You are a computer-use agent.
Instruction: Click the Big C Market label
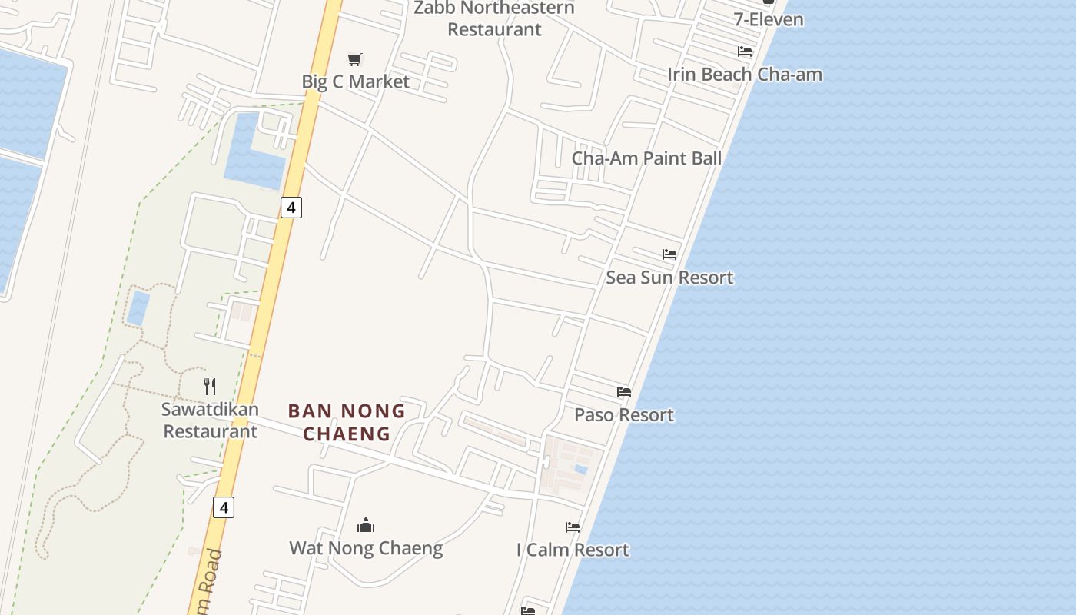coord(355,81)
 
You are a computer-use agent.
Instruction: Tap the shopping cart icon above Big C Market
coord(355,59)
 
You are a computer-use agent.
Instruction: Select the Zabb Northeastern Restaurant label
coord(494,18)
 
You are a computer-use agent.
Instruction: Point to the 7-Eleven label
coord(768,19)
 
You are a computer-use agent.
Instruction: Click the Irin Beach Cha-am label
coord(744,75)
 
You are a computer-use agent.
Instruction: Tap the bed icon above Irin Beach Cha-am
coord(744,52)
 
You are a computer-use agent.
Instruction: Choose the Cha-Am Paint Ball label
coord(646,158)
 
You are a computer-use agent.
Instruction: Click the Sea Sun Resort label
coord(669,278)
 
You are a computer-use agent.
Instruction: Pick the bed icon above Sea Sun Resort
coord(669,254)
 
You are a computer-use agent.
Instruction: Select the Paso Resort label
coord(624,415)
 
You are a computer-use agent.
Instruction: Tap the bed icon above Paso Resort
coord(624,392)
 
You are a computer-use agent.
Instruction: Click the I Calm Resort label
coord(573,550)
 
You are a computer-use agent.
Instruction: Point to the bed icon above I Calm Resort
coord(573,527)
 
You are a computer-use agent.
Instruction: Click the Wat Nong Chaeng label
coord(366,548)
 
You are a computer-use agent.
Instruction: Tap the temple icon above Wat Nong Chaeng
coord(366,525)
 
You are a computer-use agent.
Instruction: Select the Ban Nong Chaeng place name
coord(347,422)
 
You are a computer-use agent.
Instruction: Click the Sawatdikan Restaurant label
coord(210,420)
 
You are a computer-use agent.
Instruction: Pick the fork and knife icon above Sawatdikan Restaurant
coord(210,386)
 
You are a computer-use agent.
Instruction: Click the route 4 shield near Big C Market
coord(291,207)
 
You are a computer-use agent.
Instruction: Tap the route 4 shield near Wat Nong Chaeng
coord(223,507)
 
